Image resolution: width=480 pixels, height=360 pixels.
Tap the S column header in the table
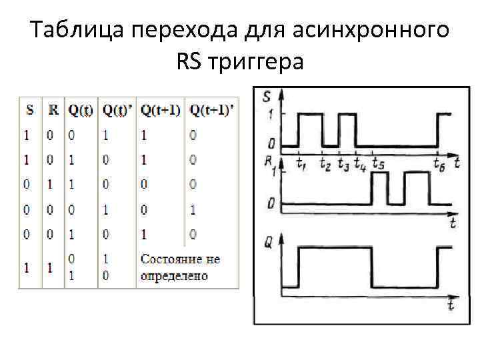point(29,109)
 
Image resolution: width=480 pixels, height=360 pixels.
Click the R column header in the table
point(53,109)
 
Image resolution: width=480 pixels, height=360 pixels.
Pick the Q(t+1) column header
point(161,109)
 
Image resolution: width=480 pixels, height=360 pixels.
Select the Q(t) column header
point(81,109)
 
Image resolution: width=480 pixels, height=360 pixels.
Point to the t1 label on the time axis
point(302,163)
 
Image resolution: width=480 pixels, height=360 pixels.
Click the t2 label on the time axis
point(325,163)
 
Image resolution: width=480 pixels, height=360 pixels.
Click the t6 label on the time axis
point(439,163)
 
